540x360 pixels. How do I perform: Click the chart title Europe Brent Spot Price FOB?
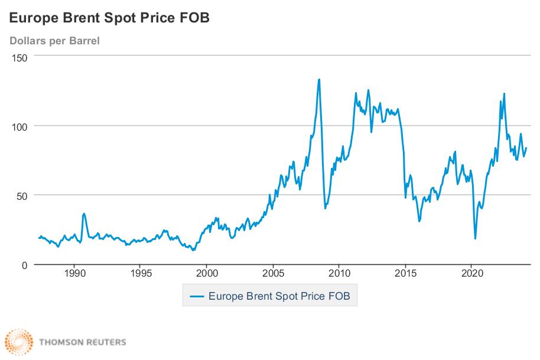tap(109, 18)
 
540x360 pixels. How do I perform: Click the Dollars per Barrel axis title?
tap(54, 41)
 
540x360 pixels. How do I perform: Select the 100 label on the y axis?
tap(21, 127)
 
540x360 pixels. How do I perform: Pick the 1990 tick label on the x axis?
tap(74, 274)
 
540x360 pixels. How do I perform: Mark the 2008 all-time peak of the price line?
tap(319, 79)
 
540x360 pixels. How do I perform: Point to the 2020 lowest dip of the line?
tap(475, 239)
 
